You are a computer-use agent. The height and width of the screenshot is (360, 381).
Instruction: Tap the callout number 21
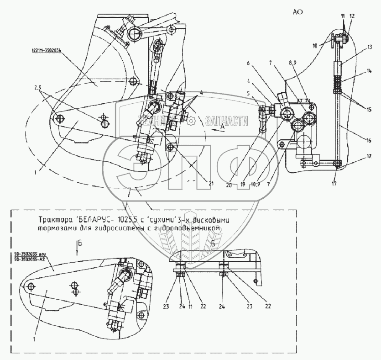[x=211, y=184]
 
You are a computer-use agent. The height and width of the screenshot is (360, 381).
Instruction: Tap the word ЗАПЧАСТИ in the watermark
[x=227, y=121]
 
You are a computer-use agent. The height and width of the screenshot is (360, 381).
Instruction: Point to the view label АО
[x=298, y=13]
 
